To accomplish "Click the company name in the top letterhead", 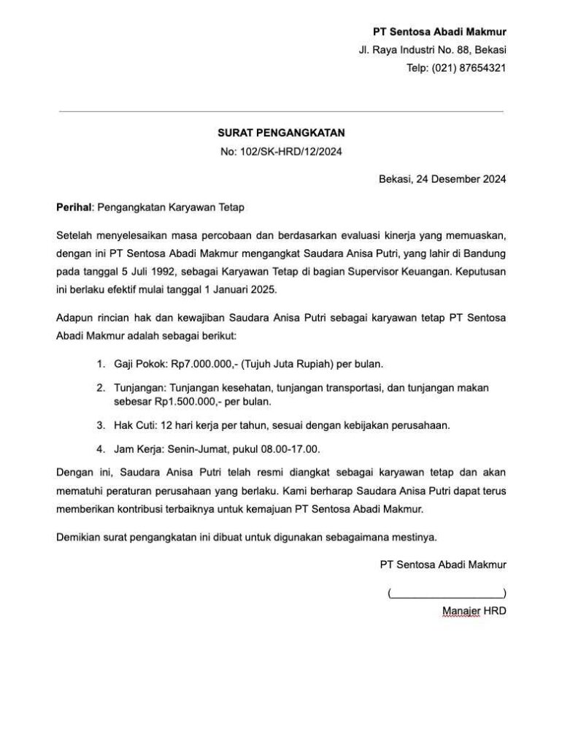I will pyautogui.click(x=439, y=32).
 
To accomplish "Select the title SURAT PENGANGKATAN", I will pyautogui.click(x=281, y=134).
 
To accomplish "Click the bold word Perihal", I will pyautogui.click(x=74, y=207).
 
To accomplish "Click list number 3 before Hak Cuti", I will pyautogui.click(x=100, y=425).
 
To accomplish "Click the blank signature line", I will pyautogui.click(x=447, y=592).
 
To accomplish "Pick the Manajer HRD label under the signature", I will pyautogui.click(x=474, y=611).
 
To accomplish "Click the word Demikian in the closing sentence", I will pyautogui.click(x=79, y=538).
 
